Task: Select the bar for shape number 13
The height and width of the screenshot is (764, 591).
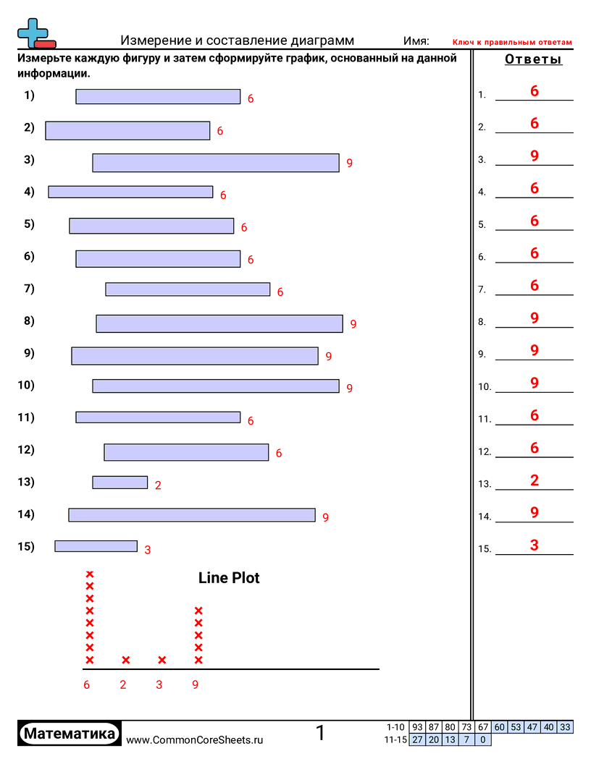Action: pos(120,483)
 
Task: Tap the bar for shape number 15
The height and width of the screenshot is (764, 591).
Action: pos(96,546)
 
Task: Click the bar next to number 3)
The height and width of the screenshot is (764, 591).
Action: pos(216,163)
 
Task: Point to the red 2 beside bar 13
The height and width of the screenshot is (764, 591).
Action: pos(158,485)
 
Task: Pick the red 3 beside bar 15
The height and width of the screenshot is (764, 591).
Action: pos(147,550)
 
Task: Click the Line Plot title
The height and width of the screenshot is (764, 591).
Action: pos(229,578)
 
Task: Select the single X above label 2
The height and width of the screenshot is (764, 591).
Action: pos(126,660)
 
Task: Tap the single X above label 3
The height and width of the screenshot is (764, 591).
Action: pos(162,660)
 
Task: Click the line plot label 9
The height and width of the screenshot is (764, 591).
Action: pos(195,684)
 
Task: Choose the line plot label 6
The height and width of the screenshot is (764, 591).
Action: pos(87,684)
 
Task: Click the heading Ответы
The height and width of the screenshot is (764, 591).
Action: pos(533,60)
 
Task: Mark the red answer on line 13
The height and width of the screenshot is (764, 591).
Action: pos(535,480)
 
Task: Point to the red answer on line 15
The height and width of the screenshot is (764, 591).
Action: pos(535,546)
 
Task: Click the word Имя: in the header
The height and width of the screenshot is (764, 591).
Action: pos(416,41)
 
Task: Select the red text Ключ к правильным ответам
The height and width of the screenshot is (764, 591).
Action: pos(512,43)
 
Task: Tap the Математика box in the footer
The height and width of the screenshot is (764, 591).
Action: pos(70,734)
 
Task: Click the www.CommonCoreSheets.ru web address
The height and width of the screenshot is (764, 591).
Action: pos(194,739)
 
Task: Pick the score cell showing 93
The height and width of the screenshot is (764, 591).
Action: pos(417,727)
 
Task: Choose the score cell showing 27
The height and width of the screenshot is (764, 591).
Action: pos(417,739)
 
